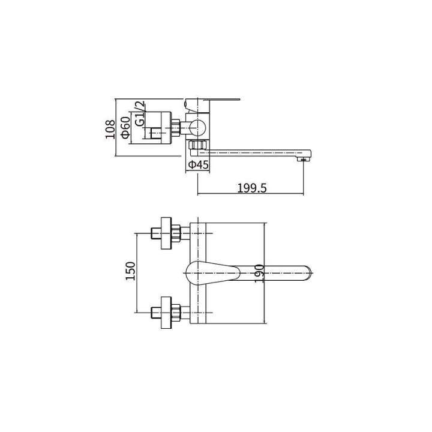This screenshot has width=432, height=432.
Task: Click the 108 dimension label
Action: pyautogui.click(x=110, y=129)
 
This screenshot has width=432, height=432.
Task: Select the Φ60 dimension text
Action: pyautogui.click(x=125, y=127)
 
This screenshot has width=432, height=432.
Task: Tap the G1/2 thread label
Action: pyautogui.click(x=140, y=113)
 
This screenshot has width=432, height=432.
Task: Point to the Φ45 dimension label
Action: pyautogui.click(x=199, y=165)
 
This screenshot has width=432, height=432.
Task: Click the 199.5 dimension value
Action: pyautogui.click(x=252, y=188)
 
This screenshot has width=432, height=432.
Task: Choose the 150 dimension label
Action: pyautogui.click(x=131, y=271)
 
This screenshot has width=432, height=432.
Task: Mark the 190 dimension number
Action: pyautogui.click(x=259, y=273)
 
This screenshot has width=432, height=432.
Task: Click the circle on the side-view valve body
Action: pyautogui.click(x=197, y=128)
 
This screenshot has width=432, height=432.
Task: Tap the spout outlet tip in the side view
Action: pyautogui.click(x=304, y=159)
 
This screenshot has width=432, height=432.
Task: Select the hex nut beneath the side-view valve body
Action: pyautogui.click(x=197, y=145)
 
